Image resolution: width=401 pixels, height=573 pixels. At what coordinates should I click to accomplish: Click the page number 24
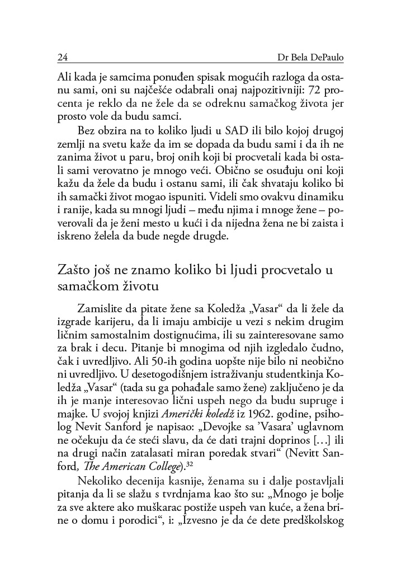pos(63,58)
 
